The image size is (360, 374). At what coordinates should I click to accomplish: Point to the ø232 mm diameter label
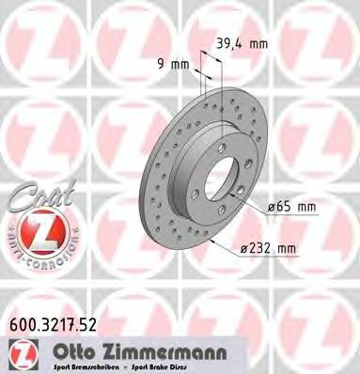click(271, 248)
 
